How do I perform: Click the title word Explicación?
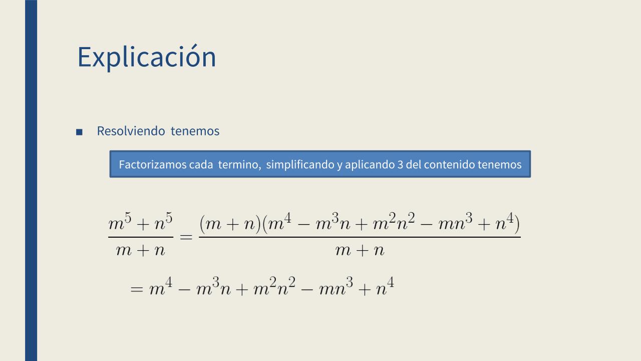(x=147, y=57)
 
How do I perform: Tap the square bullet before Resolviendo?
(x=79, y=132)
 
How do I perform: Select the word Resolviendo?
(x=131, y=131)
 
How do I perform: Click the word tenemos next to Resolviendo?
(x=195, y=131)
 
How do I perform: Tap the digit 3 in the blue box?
(x=400, y=164)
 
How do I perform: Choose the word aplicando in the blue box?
(x=370, y=165)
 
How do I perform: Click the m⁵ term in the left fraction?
(x=120, y=222)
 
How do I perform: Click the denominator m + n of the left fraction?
(x=141, y=250)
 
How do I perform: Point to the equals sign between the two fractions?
(x=186, y=237)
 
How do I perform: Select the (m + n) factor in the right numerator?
(x=230, y=224)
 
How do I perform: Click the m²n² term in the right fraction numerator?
(x=394, y=222)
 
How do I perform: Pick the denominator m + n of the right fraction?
(x=360, y=250)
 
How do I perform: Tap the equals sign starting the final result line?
(x=137, y=289)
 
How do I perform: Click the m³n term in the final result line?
(x=213, y=286)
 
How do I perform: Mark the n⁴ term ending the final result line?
(x=385, y=286)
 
